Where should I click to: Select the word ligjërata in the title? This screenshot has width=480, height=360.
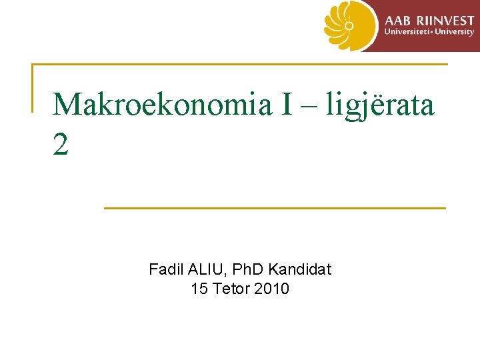(x=380, y=105)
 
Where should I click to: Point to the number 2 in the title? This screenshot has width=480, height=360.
(x=61, y=145)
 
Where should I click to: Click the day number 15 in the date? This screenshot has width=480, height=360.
(x=199, y=289)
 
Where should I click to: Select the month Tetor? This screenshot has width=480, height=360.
(x=231, y=289)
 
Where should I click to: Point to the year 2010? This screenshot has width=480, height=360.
(x=272, y=289)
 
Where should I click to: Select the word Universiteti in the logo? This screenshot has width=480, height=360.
(x=406, y=32)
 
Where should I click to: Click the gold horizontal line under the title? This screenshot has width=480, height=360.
(x=274, y=208)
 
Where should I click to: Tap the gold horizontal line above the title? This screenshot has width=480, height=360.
(x=240, y=65)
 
